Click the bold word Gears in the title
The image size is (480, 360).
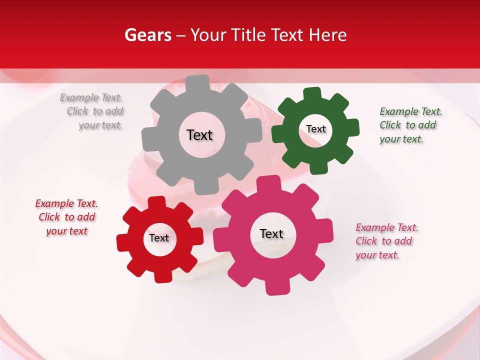point(147,35)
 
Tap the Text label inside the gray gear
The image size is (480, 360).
point(199,135)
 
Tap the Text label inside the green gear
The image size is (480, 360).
point(315,129)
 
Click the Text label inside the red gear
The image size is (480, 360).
point(159,238)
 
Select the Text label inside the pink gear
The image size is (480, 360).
point(271,233)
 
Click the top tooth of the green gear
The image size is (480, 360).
point(312,94)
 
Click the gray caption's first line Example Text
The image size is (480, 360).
point(91,97)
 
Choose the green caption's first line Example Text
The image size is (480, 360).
point(411,111)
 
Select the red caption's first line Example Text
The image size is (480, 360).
point(66,203)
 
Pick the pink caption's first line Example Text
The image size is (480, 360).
point(387,227)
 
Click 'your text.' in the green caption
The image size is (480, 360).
point(401,139)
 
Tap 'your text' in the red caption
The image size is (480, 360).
point(66,231)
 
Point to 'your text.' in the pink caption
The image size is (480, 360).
point(377,255)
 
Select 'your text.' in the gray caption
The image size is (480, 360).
point(100,125)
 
